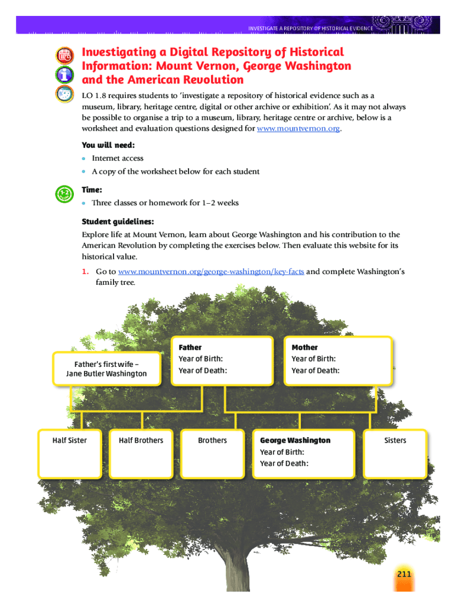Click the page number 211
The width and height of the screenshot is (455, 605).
pyautogui.click(x=404, y=575)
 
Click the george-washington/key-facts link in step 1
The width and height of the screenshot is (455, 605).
pyautogui.click(x=211, y=271)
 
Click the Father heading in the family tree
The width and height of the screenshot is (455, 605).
pyautogui.click(x=190, y=347)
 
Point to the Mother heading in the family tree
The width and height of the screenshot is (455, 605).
pyautogui.click(x=304, y=347)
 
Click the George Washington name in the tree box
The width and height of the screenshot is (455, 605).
pyautogui.click(x=295, y=440)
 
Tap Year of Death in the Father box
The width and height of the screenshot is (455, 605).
pyautogui.click(x=202, y=370)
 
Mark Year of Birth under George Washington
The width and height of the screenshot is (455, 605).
pyautogui.click(x=282, y=452)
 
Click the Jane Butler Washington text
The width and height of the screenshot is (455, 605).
pyautogui.click(x=106, y=373)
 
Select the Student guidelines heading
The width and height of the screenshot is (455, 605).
pyautogui.click(x=118, y=222)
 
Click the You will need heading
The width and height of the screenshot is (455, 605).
pyautogui.click(x=108, y=145)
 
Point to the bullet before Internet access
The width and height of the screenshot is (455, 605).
pyautogui.click(x=84, y=158)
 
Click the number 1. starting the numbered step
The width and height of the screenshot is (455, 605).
pyautogui.click(x=85, y=271)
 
